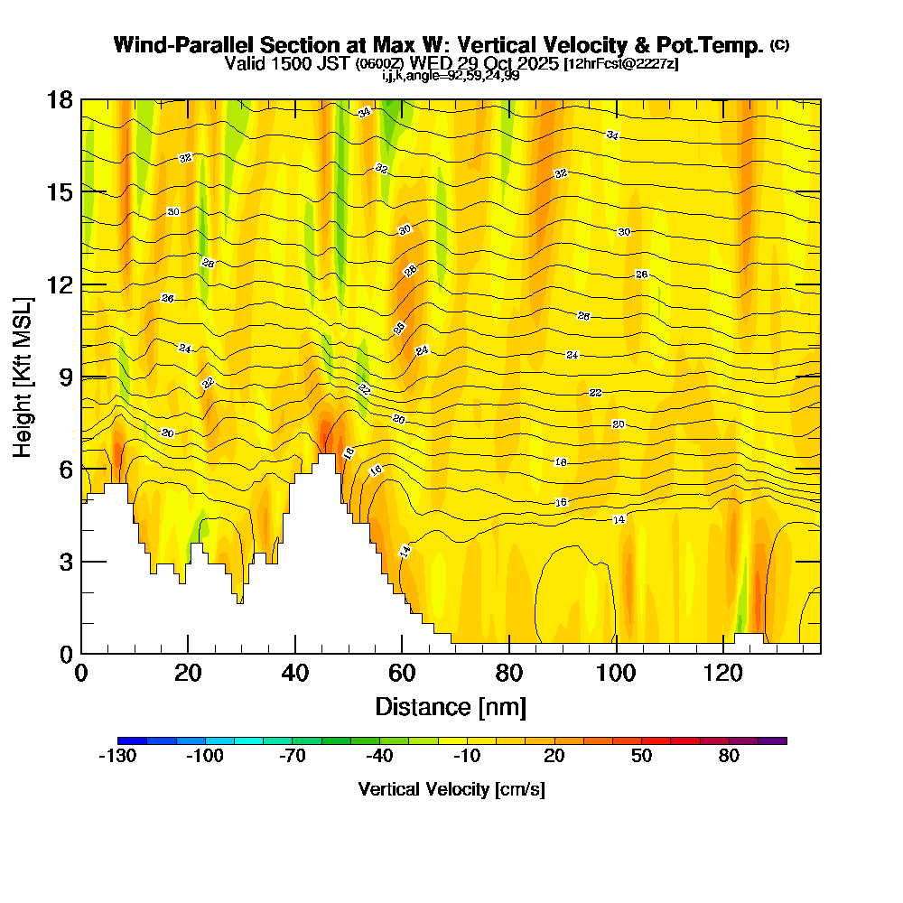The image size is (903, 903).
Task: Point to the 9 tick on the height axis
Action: point(81,377)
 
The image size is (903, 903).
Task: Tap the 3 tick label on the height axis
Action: point(65,562)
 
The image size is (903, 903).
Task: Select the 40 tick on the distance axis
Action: point(295,653)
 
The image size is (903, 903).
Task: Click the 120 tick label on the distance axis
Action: point(724,673)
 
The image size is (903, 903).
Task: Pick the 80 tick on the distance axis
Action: point(509,653)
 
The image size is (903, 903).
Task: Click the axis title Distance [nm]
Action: point(451,706)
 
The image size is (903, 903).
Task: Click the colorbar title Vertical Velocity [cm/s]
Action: point(451,789)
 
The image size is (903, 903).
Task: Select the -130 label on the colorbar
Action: point(116,757)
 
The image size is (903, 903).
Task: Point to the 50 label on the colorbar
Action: point(642,757)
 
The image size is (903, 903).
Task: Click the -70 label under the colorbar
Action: point(292,757)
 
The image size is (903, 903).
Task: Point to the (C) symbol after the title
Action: point(779,45)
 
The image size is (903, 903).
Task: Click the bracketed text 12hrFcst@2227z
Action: point(621,64)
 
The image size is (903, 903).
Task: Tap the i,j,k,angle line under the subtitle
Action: point(451,75)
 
